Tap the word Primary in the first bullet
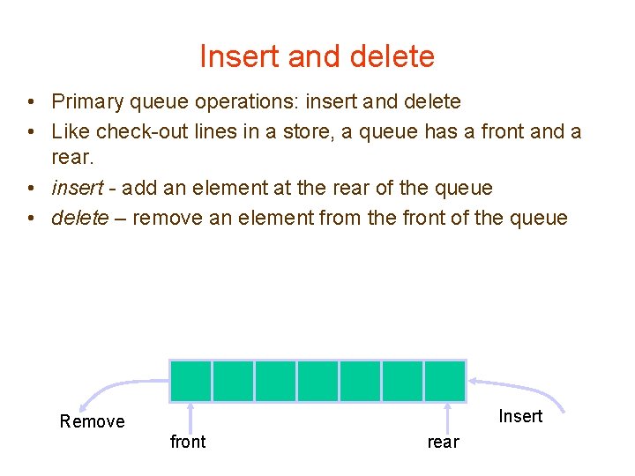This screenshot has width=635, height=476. point(86,102)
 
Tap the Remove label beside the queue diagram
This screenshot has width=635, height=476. point(92,421)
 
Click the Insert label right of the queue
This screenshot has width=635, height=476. point(520,416)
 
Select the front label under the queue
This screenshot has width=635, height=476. point(187,442)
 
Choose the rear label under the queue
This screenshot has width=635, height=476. point(443,443)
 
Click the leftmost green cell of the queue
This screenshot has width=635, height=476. point(190,381)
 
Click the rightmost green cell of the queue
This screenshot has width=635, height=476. point(444,381)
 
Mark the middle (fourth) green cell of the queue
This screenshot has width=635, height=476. point(317,381)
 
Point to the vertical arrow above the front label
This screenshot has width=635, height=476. point(190,415)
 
